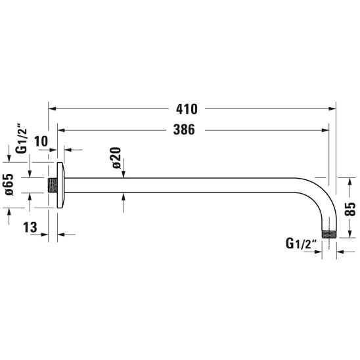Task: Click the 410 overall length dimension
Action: [x=187, y=109]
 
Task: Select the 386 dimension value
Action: [x=184, y=129]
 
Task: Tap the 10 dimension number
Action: [x=41, y=141]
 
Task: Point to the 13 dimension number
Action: [x=30, y=227]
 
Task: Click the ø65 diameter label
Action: [x=9, y=185]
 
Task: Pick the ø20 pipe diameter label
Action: [x=116, y=158]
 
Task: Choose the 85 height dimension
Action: [x=350, y=209]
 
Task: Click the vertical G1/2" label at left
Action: [x=22, y=139]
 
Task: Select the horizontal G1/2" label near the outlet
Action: [x=302, y=243]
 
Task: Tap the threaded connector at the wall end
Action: [x=53, y=185]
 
